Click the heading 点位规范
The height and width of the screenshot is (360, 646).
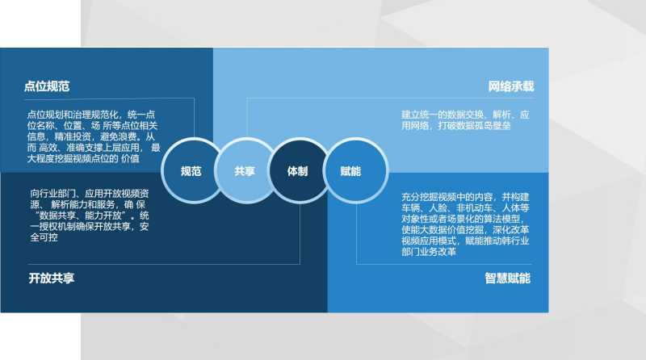47,86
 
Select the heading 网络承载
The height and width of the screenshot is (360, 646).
511,86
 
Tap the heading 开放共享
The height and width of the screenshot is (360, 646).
52,278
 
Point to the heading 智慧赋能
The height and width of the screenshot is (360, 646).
508,278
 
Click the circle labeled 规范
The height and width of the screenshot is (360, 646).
191,170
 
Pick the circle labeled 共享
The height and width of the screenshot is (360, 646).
245,170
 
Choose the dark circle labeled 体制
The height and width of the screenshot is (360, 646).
298,170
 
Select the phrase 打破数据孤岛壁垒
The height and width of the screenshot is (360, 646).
474,126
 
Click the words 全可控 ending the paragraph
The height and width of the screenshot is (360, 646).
44,237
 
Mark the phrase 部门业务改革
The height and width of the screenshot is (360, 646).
429,252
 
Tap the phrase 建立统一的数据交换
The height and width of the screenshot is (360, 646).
443,115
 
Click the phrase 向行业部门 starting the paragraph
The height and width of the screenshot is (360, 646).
52,194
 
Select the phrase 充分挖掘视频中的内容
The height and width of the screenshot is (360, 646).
447,197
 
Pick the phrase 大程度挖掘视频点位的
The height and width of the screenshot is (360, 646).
73,159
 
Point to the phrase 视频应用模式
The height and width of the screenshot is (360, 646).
429,241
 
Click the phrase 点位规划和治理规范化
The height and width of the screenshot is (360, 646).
73,115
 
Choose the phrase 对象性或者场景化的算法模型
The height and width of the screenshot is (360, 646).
460,219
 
